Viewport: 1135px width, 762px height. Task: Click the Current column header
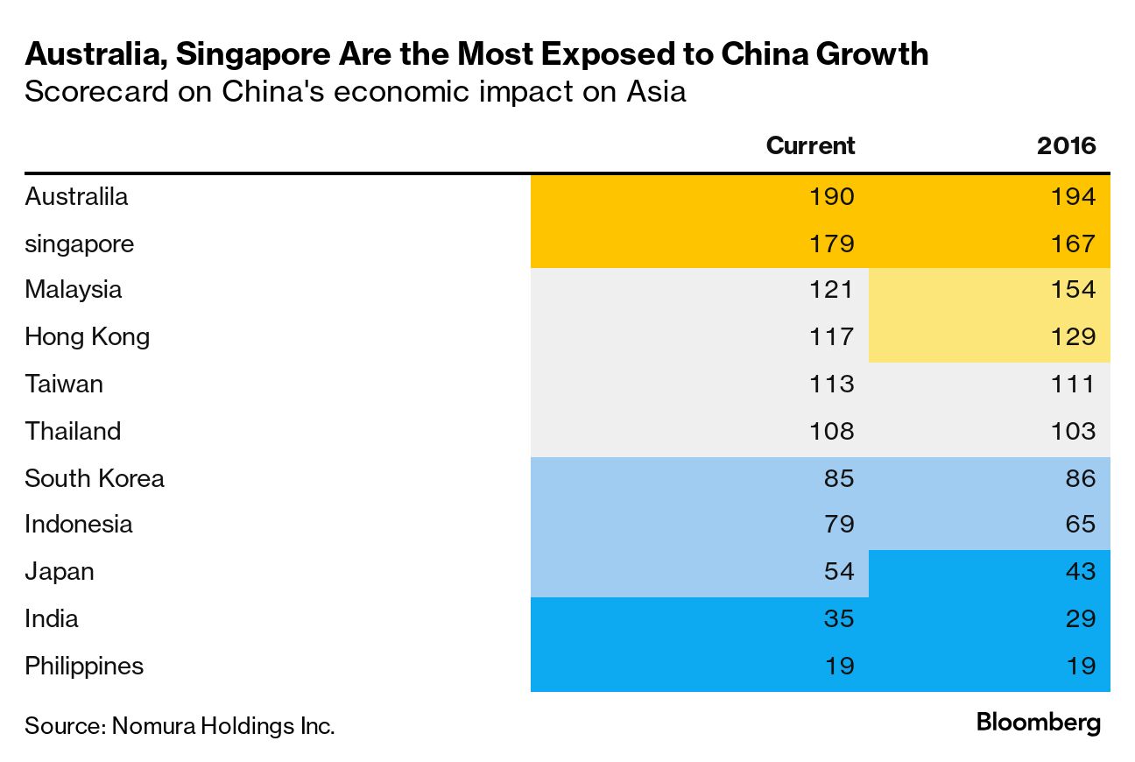tap(810, 145)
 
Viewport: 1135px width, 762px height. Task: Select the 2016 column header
tap(1066, 145)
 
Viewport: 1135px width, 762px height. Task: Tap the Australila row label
tap(76, 196)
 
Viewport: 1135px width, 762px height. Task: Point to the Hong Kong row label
tap(87, 336)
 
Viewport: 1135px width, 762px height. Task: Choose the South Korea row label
tap(94, 478)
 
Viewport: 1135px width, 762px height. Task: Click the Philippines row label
tap(83, 666)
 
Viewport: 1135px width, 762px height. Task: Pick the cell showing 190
tap(831, 196)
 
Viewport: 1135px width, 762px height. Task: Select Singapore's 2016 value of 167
tap(1073, 243)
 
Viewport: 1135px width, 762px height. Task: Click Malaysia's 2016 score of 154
tap(1073, 290)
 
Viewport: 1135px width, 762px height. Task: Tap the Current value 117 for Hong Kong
tap(831, 336)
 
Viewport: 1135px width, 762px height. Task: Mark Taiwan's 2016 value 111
tap(1073, 384)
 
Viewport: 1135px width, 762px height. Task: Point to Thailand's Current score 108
tap(831, 431)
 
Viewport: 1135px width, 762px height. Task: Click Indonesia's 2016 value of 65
tap(1080, 524)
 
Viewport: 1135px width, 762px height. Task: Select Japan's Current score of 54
tap(838, 571)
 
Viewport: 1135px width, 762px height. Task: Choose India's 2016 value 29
tap(1080, 618)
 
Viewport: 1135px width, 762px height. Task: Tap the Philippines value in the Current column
tap(838, 666)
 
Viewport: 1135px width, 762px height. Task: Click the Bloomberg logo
tap(1038, 723)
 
